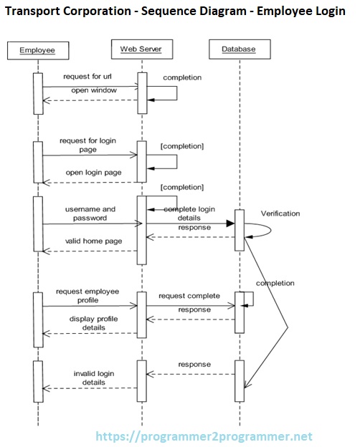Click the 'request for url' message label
click(x=87, y=76)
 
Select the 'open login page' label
click(x=93, y=172)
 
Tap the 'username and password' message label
click(x=90, y=213)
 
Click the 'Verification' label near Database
click(x=280, y=213)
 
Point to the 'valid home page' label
click(x=93, y=241)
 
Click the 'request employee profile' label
click(x=87, y=296)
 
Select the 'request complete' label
click(x=189, y=295)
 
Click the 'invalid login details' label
click(x=93, y=378)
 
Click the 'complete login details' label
click(x=189, y=213)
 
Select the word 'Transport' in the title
click(x=34, y=11)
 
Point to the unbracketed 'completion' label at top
click(x=182, y=77)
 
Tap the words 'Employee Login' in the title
click(x=309, y=11)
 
